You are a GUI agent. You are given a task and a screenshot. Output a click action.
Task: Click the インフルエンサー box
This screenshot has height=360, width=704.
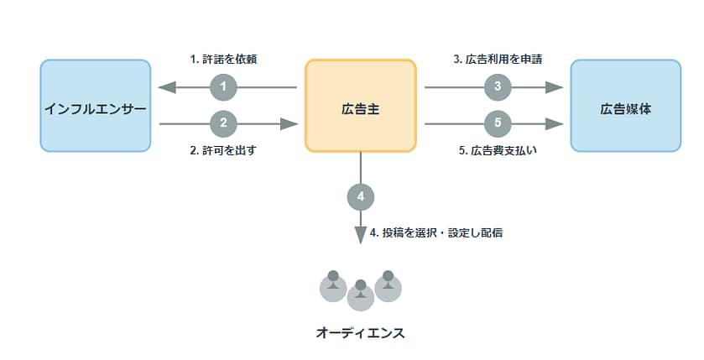click(x=96, y=106)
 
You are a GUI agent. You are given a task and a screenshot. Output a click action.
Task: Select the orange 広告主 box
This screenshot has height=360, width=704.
click(x=360, y=106)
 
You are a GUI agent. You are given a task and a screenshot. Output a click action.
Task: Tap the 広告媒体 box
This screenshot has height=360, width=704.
click(x=625, y=106)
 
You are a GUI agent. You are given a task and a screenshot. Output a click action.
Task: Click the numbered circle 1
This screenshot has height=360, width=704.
click(x=223, y=86)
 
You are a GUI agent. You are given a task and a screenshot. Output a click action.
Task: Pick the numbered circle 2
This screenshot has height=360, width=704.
click(x=223, y=123)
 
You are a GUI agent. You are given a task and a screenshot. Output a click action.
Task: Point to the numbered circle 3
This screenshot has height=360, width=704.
click(x=498, y=86)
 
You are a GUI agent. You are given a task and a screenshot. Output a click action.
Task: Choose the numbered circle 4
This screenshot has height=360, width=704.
click(x=360, y=197)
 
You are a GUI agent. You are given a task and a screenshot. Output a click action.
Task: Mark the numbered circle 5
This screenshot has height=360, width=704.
click(x=498, y=123)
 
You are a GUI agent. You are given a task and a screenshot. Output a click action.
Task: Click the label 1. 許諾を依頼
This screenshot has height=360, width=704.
click(x=222, y=60)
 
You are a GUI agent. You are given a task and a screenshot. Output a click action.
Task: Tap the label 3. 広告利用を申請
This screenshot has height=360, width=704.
click(x=498, y=60)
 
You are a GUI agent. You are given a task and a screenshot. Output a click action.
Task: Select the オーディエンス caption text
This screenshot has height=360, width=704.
click(x=360, y=333)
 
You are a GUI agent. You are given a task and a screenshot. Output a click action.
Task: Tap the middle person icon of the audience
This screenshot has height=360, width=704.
click(x=360, y=294)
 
